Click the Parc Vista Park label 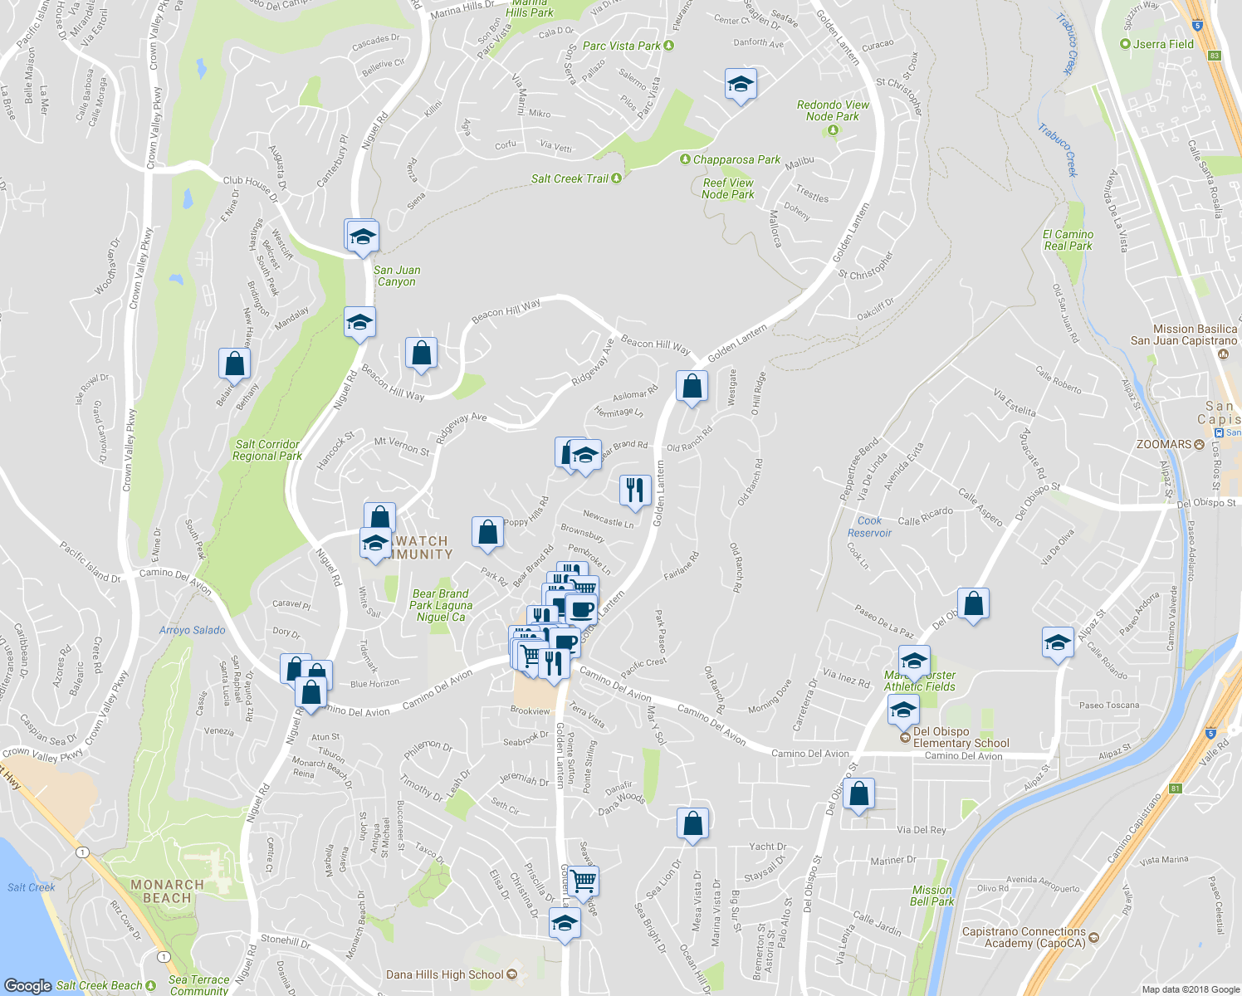click(x=622, y=46)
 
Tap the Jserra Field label click(x=1163, y=44)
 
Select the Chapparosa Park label click(x=736, y=159)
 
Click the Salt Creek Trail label click(x=570, y=178)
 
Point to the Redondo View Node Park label click(x=833, y=110)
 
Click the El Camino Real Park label click(x=1068, y=240)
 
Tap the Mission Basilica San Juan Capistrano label click(x=1184, y=335)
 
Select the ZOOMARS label click(x=1164, y=444)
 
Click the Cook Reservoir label click(x=869, y=527)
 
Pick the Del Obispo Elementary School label click(x=961, y=737)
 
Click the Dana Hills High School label click(x=445, y=974)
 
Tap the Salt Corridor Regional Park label click(x=267, y=450)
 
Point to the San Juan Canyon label click(x=397, y=276)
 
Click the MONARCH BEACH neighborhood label click(x=167, y=891)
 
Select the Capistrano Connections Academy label click(x=1024, y=937)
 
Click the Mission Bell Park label click(x=931, y=896)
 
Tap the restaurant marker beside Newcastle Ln click(x=635, y=489)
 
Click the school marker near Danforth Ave click(x=741, y=84)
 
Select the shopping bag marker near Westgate click(x=692, y=386)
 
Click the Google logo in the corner click(x=27, y=985)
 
